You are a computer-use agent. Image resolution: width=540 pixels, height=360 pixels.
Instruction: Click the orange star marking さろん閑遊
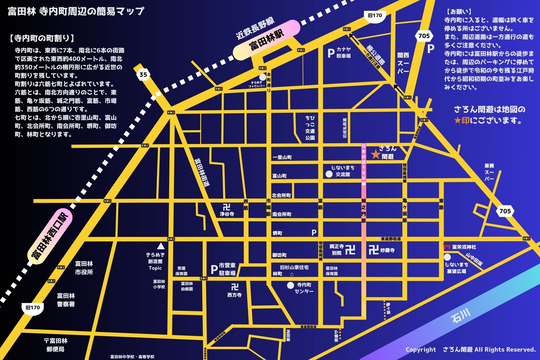pos(375,154)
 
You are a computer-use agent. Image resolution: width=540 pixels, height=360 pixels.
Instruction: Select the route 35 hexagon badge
pos(143,74)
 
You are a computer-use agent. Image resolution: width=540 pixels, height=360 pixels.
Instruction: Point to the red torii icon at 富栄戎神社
pos(447,247)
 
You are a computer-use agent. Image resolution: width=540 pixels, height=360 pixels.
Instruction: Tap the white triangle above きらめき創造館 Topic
pos(161,246)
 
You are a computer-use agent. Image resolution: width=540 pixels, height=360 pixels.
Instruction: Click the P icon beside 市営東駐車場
pos(214,269)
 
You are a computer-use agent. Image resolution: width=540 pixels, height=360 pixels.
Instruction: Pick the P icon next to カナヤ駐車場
pos(331,53)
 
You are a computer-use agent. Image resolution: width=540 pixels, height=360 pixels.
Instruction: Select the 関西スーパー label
pos(403,63)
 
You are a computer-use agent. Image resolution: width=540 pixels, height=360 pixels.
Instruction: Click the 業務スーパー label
pos(489,172)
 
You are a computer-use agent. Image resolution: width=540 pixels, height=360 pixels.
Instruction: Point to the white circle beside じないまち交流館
pos(329,174)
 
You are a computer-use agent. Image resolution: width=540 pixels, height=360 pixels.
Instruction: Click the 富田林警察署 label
pos(66,300)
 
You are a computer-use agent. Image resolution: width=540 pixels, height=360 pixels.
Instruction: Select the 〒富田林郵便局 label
pos(55,345)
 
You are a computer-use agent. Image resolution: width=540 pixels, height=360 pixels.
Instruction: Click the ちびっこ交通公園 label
pos(310,128)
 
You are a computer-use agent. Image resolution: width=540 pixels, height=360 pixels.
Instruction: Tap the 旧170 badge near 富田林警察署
pos(33,308)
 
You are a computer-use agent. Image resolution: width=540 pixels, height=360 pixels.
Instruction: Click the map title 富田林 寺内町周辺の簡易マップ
pos(76,11)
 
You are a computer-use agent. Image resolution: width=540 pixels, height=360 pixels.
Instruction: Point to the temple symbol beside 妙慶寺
pos(373,250)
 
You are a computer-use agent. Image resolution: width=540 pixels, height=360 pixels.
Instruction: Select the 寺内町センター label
pos(304,288)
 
